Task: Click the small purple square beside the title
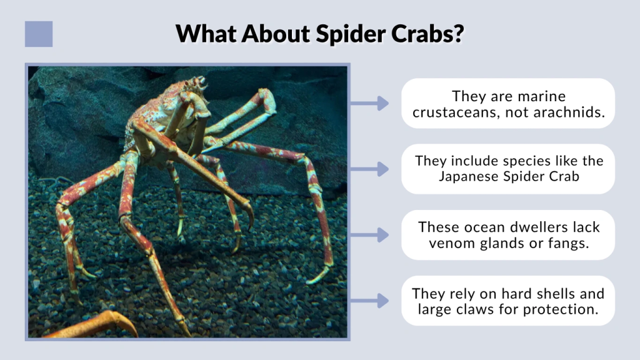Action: tap(39, 34)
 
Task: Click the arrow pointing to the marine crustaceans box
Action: tap(370, 103)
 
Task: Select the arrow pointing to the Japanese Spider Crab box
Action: tap(370, 169)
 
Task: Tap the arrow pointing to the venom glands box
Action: tap(370, 235)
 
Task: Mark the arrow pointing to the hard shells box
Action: tap(370, 301)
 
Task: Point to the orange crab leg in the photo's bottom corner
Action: tap(100, 325)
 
